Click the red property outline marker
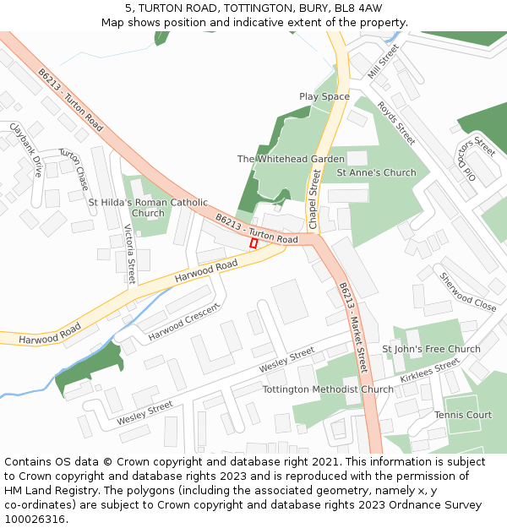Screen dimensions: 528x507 pyautogui.click(x=253, y=242)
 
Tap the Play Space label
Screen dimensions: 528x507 pyautogui.click(x=324, y=96)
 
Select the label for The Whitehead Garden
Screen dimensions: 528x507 pyautogui.click(x=291, y=159)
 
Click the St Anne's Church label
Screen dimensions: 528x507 pyautogui.click(x=376, y=172)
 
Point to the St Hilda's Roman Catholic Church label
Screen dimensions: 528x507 pyautogui.click(x=148, y=208)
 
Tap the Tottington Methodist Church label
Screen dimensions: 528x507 pyautogui.click(x=328, y=389)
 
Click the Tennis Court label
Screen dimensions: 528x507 pyautogui.click(x=463, y=415)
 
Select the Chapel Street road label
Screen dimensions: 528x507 pyautogui.click(x=313, y=199)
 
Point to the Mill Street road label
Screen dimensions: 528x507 pyautogui.click(x=382, y=62)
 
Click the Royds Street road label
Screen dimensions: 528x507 pyautogui.click(x=396, y=123)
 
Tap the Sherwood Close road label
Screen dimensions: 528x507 pyautogui.click(x=467, y=291)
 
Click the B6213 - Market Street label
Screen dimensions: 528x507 pyautogui.click(x=353, y=327)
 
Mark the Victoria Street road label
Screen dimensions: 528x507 pyautogui.click(x=130, y=253)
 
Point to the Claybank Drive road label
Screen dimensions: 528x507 pyautogui.click(x=25, y=150)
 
